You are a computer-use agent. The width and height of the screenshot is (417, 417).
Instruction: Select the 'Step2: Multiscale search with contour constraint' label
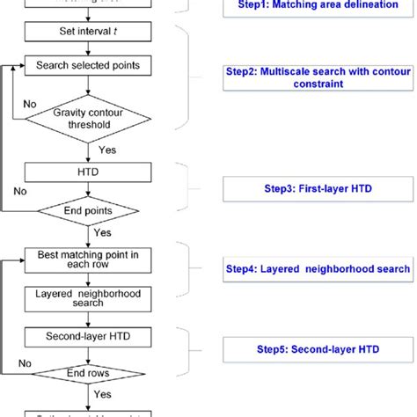click(318, 77)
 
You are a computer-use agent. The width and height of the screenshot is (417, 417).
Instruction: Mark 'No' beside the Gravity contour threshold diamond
click(31, 103)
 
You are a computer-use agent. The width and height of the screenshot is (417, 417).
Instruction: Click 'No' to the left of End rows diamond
click(26, 362)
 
